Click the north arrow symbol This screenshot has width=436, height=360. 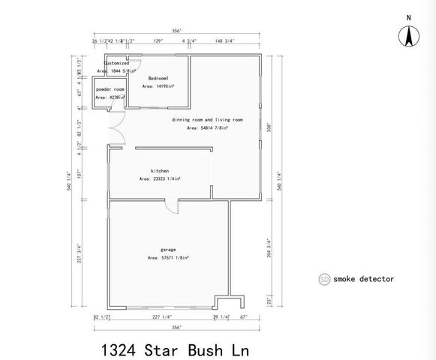pos(409,35)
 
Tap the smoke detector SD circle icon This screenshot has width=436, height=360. pos(325,279)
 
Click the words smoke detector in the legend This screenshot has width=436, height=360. pos(363,279)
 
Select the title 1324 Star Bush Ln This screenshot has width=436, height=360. pos(174,349)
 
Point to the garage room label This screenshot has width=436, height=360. pos(167,249)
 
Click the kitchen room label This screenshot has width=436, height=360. pos(159,171)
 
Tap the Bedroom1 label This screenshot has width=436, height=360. pos(158,79)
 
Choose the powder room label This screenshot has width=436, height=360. pos(110,89)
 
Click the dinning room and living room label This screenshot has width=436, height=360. pos(207,120)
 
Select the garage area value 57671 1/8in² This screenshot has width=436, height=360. pos(167,257)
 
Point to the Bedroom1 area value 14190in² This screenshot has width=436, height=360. pos(158,86)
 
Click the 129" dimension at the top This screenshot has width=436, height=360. pos(158,41)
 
